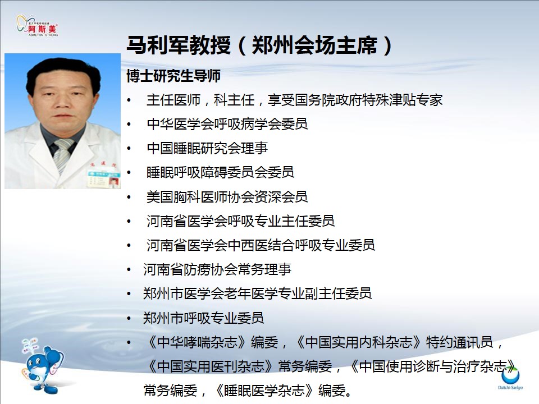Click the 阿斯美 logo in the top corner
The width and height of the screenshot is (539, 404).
(37, 26)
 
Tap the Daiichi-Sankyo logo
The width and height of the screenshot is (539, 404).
(510, 378)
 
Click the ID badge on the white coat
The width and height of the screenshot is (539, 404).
(103, 178)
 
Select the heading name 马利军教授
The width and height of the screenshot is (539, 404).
(179, 45)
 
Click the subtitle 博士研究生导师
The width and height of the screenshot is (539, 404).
(173, 76)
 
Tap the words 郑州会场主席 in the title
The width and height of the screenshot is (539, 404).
(314, 45)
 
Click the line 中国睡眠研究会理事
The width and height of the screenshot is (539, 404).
(207, 148)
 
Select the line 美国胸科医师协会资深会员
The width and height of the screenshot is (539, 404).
(227, 197)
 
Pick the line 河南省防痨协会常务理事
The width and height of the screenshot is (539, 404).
(217, 269)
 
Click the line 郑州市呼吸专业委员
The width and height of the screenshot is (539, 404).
(203, 318)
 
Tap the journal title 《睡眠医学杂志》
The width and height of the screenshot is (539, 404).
(264, 391)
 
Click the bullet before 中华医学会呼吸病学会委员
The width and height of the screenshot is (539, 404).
(129, 125)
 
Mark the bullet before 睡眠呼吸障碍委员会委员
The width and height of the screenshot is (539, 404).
(129, 173)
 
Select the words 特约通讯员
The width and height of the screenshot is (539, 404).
(460, 342)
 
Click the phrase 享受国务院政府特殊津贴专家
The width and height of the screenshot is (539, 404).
(355, 100)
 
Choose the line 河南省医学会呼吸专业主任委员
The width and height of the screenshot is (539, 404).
(241, 221)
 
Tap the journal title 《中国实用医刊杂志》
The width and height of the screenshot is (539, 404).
(211, 366)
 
